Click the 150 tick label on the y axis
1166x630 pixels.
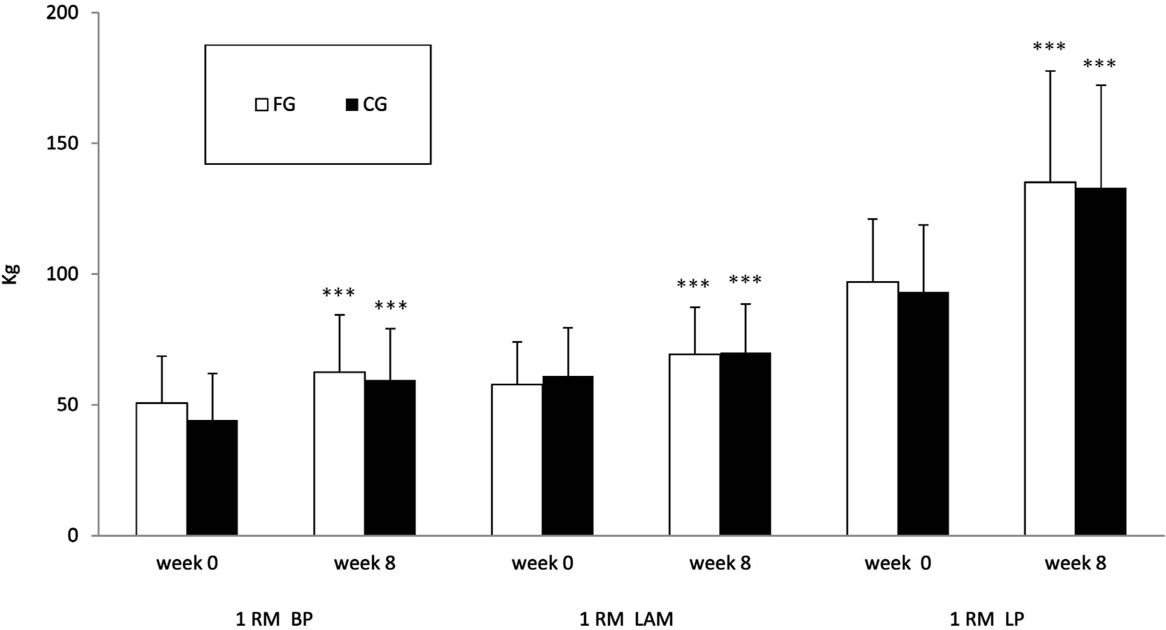click(62, 143)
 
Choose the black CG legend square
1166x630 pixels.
click(352, 105)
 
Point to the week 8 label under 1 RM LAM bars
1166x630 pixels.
click(720, 563)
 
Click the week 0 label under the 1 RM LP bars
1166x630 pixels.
click(898, 563)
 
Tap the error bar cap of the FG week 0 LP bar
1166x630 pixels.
click(872, 219)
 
